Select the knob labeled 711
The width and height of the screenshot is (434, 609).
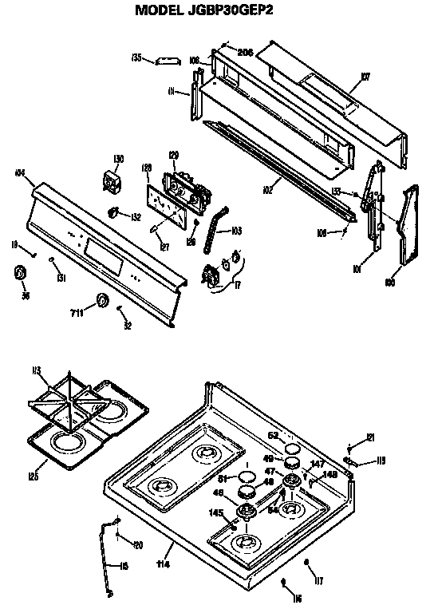[x=102, y=301]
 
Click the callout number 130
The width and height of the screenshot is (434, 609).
[x=119, y=159]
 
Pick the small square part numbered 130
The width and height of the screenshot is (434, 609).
[x=113, y=179]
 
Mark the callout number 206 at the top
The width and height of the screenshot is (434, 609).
[x=245, y=53]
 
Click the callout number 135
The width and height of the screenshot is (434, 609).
[x=136, y=57]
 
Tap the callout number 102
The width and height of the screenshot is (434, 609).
[x=269, y=190]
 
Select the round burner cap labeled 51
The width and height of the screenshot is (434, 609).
[x=247, y=478]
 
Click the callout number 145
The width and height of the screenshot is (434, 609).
[x=215, y=513]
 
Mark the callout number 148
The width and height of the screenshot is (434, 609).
[x=330, y=475]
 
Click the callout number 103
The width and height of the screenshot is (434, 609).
[x=235, y=231]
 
